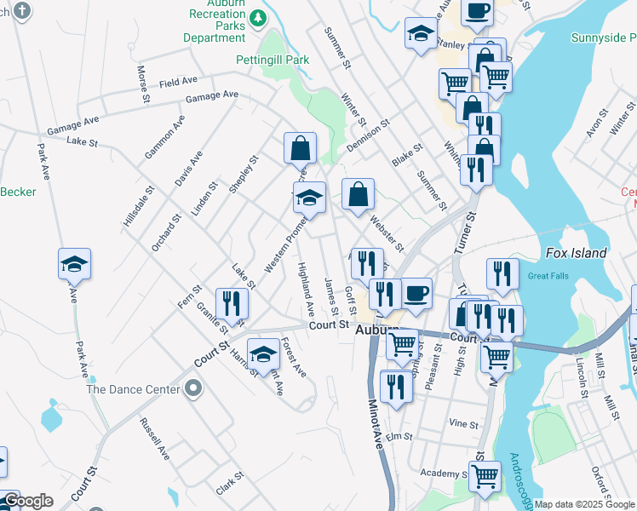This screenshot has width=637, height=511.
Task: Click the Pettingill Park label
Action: point(273,60)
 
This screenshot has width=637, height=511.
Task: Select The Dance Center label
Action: point(134,389)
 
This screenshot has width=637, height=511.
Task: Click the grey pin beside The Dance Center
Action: point(193,389)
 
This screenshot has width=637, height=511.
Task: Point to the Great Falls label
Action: point(548,275)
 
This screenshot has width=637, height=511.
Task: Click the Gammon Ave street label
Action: point(164,137)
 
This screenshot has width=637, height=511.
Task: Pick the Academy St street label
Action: point(439,473)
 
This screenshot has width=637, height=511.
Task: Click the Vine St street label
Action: point(464,423)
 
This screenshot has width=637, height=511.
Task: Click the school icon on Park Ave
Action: point(75,264)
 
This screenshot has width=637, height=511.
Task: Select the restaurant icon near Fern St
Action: point(232,304)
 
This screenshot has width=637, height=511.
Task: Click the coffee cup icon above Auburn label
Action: point(416,294)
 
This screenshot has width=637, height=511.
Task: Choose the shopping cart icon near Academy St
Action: point(485,476)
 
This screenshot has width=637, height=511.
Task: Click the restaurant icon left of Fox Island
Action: point(502,274)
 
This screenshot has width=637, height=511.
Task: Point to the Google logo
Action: point(27,501)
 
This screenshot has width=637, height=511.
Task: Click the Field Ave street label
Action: point(179,83)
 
